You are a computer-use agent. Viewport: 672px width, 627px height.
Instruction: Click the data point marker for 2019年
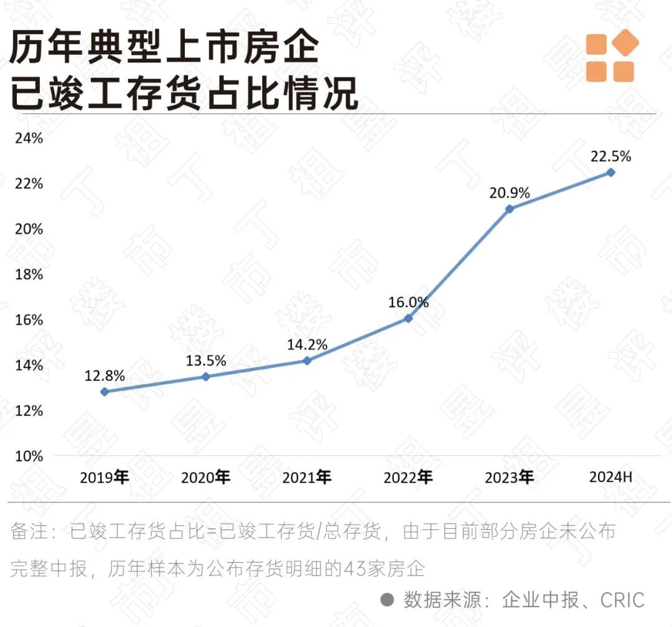[x=105, y=392]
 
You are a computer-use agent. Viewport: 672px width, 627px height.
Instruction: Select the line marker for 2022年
[x=408, y=318]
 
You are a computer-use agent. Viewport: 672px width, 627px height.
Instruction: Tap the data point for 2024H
[x=611, y=172]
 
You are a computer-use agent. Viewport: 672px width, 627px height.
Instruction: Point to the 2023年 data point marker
[x=510, y=209]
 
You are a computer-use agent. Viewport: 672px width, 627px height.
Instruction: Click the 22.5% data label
[x=611, y=156]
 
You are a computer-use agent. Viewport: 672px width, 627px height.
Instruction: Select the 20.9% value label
[x=510, y=193]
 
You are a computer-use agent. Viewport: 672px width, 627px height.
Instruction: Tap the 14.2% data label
[x=307, y=344]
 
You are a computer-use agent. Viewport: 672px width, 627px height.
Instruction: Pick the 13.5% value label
[x=206, y=361]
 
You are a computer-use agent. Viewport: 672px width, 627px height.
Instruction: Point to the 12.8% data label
[x=105, y=375]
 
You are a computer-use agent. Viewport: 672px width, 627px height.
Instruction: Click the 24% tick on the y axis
[x=29, y=138]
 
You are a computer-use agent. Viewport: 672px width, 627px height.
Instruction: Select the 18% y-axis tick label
[x=29, y=275]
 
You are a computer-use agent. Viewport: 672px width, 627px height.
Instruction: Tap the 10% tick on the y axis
[x=29, y=456]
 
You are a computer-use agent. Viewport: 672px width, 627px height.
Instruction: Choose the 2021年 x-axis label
[x=307, y=478]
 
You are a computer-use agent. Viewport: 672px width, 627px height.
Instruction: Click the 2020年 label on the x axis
[x=205, y=478]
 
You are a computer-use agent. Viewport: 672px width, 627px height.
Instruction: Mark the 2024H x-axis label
[x=610, y=478]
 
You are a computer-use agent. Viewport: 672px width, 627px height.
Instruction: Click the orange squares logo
[x=612, y=57]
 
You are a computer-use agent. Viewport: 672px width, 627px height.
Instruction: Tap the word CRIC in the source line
[x=622, y=600]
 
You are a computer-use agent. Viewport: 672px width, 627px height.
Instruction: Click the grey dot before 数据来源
[x=388, y=600]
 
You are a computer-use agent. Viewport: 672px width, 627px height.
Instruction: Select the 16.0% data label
[x=409, y=303]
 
